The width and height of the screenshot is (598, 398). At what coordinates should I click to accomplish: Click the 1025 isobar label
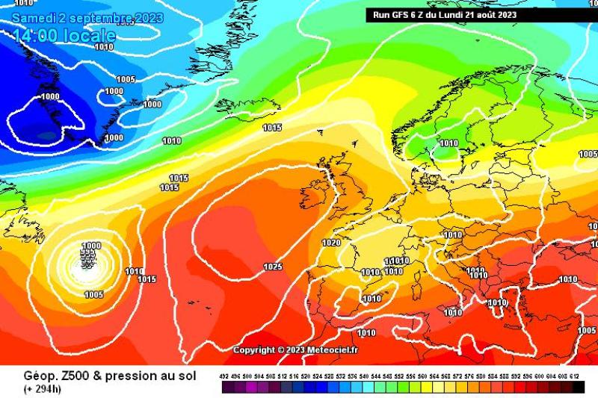click(x=273, y=267)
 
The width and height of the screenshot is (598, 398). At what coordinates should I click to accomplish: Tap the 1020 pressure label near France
click(x=331, y=243)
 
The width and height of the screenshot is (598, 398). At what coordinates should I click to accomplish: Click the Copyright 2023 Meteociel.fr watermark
click(x=295, y=350)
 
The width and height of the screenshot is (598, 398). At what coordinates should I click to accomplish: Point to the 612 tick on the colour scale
click(x=576, y=377)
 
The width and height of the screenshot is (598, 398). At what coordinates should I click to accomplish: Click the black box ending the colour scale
click(x=579, y=387)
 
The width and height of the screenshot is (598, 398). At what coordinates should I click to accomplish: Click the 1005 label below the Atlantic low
click(x=94, y=294)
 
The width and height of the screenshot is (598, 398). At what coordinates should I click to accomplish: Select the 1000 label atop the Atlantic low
click(x=91, y=246)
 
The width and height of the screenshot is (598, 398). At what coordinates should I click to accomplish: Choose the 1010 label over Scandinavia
click(x=449, y=143)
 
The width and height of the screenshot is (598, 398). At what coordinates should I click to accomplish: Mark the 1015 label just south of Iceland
click(x=272, y=128)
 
